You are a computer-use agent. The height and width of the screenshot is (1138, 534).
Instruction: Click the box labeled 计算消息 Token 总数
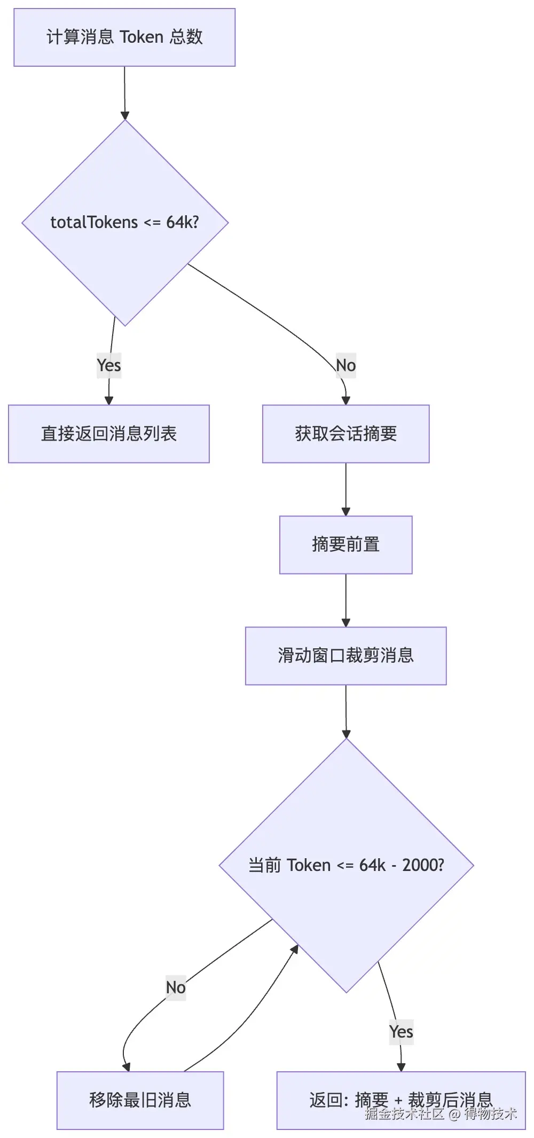[x=124, y=37]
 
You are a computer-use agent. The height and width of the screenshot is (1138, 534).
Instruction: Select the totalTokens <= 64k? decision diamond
[x=125, y=223]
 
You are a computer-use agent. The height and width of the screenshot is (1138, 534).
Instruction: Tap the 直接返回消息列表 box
[x=109, y=434]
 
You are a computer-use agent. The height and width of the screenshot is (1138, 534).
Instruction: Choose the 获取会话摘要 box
[x=346, y=434]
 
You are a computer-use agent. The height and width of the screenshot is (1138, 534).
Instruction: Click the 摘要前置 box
[x=346, y=545]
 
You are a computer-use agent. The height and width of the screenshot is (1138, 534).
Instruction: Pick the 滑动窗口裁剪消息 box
[x=346, y=656]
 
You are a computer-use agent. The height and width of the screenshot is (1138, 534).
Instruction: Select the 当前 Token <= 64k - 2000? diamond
[x=347, y=865]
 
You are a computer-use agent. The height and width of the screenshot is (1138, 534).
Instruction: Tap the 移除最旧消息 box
[x=140, y=1100]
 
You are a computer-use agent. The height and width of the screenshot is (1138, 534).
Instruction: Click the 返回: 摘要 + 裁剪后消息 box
[x=401, y=1100]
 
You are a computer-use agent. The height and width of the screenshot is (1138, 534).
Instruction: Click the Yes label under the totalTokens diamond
[x=109, y=365]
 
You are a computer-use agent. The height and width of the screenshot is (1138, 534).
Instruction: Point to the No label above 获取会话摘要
[x=346, y=365]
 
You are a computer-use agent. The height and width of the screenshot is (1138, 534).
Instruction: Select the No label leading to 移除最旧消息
[x=176, y=987]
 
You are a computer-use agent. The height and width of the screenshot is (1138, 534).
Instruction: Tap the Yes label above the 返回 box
[x=401, y=1032]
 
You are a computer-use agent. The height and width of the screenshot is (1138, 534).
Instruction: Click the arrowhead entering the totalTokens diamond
[x=125, y=115]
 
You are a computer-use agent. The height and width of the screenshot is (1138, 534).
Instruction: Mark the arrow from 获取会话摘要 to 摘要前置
[x=346, y=489]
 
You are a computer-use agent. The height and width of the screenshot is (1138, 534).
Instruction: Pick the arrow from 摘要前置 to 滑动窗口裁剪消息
[x=346, y=600]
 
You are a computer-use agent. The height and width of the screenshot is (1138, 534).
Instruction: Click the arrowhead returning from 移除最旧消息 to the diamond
[x=295, y=949]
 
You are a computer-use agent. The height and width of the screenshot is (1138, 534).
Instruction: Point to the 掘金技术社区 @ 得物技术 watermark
[x=441, y=1113]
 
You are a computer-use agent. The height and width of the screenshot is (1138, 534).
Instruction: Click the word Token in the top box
[x=142, y=37]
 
